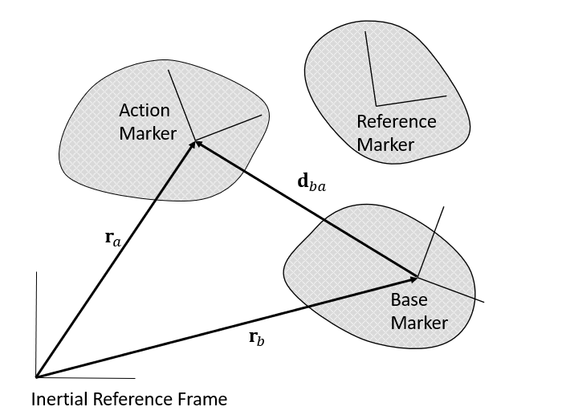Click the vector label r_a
pos(113,238)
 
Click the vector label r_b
pos(256,338)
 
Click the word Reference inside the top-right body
pos(396,122)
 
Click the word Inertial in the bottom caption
pos(59,399)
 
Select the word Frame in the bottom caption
pos(204,399)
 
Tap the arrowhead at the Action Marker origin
pos(195,142)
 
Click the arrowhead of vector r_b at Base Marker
pos(415,278)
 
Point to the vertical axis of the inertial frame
pos(36,321)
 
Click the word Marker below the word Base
pos(418,323)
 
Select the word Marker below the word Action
pos(147,133)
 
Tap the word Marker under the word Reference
pos(385,145)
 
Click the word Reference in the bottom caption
pos(131,399)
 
